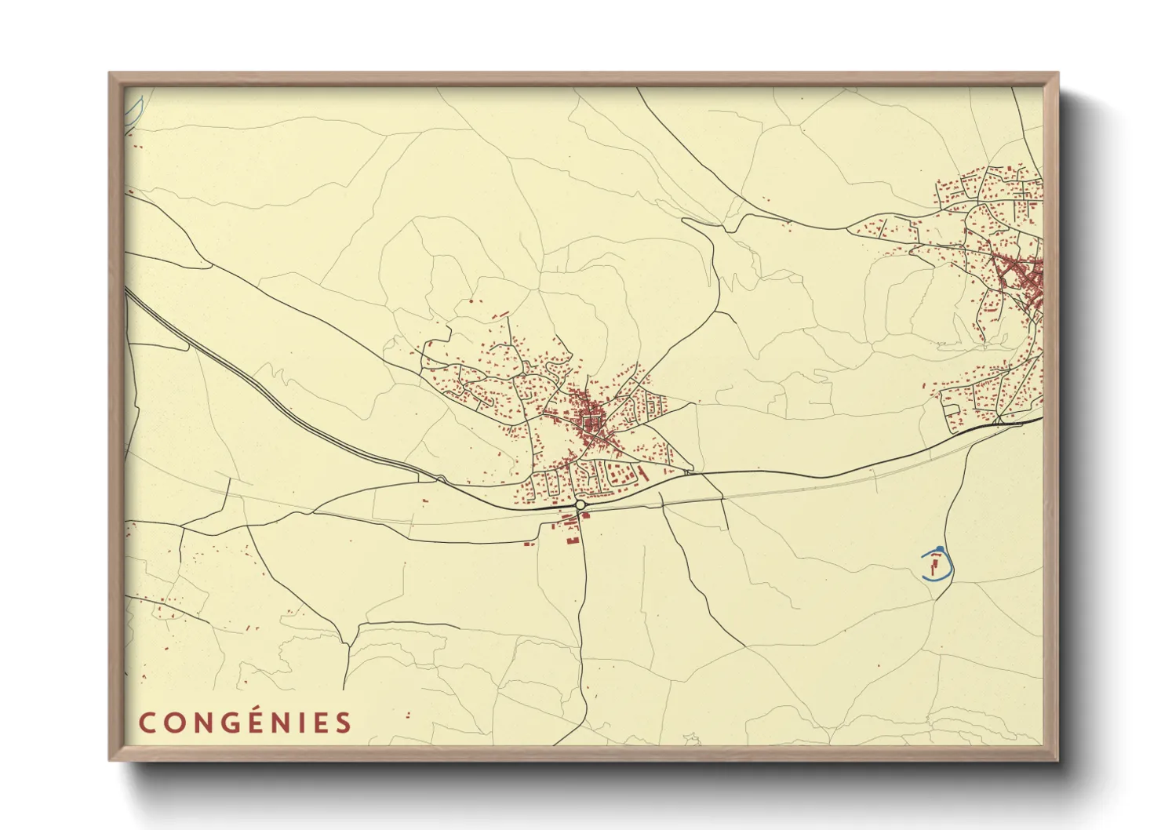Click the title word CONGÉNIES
coord(246,723)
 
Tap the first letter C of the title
coord(146,723)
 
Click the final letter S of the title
coord(345,723)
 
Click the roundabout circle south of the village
coord(580,505)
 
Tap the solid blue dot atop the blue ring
coord(939,548)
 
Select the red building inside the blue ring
coord(934,562)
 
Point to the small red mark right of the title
coord(407,715)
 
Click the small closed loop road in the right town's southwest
coord(952,410)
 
